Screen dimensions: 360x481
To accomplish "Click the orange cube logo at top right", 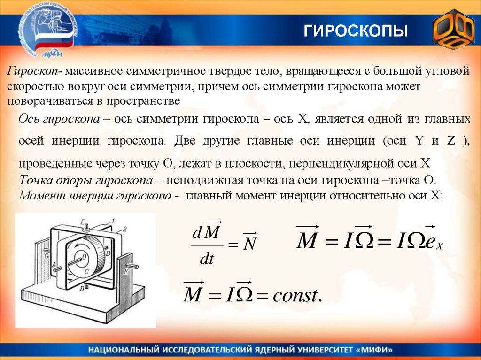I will click(x=453, y=31).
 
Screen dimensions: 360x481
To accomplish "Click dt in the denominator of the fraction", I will click(x=207, y=259).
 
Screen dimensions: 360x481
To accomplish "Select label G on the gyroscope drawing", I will click(x=47, y=257).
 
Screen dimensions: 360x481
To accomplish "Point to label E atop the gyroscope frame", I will click(x=82, y=221).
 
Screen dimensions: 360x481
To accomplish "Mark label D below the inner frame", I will click(x=82, y=289).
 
